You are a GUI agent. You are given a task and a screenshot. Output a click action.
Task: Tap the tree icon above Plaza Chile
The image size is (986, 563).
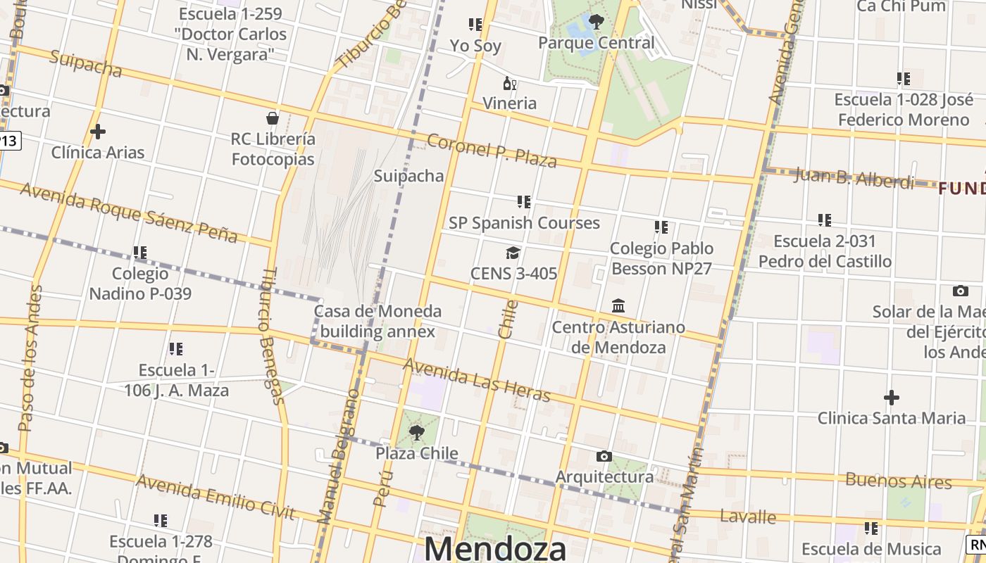point(417,432)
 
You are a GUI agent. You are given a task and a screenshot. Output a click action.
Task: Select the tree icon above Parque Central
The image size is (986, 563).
point(597,22)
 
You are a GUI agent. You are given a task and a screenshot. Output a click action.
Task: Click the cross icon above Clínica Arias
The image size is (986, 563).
point(98,131)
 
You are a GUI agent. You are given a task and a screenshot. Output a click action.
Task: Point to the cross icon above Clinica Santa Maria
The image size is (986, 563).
point(892,398)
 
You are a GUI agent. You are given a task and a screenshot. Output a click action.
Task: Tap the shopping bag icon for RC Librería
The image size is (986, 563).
point(273,118)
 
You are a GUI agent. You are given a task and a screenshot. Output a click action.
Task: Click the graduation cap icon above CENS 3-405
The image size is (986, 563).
point(513,253)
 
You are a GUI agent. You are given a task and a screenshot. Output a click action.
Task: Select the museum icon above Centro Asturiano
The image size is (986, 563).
point(618,306)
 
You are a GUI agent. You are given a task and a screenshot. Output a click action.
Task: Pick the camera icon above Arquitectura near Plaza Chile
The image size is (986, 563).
point(604,457)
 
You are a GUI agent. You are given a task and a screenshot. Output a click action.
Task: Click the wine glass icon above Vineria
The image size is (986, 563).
point(509,84)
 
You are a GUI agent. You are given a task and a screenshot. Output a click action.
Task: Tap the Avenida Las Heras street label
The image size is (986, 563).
point(476,381)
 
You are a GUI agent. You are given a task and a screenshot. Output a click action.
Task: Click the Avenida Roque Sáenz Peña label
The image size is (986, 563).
point(129,212)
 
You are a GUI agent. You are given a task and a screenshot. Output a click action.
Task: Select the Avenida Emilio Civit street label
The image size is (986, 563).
point(215,497)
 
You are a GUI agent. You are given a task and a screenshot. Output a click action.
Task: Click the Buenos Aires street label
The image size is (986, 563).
point(898,481)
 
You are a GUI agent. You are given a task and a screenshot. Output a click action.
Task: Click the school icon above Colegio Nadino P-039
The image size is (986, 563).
point(140,252)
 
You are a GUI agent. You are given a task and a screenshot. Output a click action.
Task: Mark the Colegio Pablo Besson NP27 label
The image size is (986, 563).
point(661,258)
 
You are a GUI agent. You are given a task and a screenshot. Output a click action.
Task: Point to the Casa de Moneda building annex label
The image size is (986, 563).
point(378,321)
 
